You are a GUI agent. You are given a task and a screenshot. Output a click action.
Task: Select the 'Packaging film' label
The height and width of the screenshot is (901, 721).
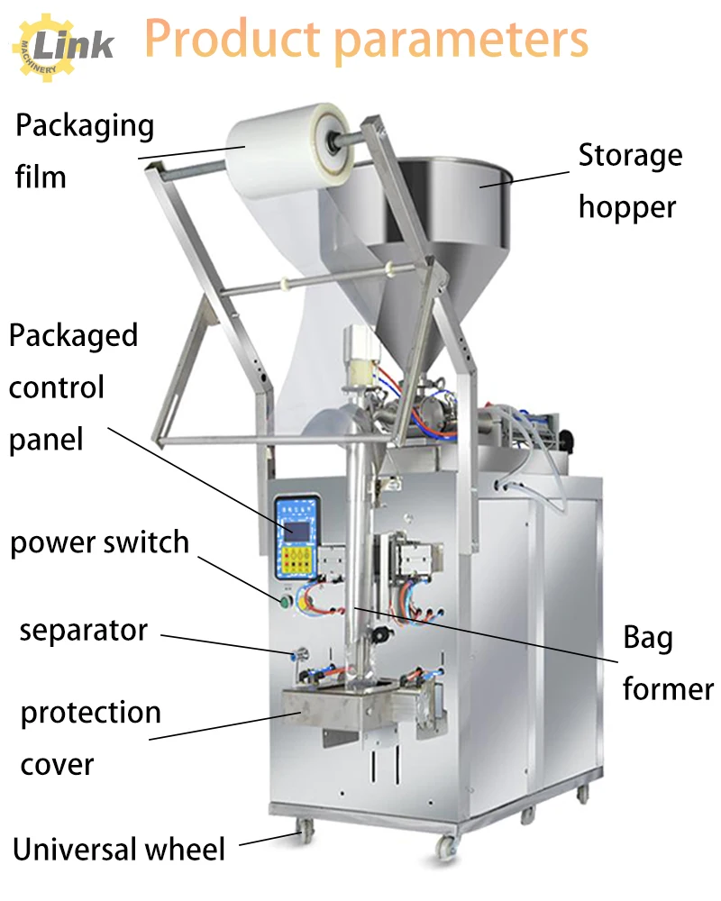tap(83, 150)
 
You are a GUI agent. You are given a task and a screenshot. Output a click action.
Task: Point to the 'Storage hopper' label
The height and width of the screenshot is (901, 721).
tap(628, 181)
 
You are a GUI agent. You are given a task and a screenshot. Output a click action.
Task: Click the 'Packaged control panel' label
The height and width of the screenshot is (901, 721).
tap(72, 387)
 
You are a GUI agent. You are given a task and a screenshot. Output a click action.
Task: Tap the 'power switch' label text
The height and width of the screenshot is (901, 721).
tap(99, 543)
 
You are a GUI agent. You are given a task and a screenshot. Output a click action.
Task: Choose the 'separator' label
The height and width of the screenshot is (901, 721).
tap(83, 630)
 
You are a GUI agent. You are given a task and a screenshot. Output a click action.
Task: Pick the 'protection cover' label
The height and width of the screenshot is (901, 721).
tap(90, 738)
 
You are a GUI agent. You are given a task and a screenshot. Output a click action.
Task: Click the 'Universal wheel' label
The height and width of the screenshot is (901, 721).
tap(118, 849)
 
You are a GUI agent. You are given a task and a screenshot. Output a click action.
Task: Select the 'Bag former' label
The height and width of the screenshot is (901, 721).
tap(667, 664)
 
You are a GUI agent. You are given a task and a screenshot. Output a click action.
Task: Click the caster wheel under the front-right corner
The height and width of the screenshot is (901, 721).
tap(445, 846)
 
